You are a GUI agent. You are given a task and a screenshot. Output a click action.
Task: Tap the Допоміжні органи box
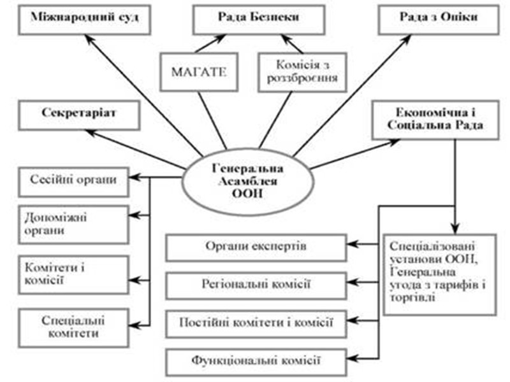pos(73,224)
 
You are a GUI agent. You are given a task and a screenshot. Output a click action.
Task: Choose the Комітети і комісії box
pos(73,272)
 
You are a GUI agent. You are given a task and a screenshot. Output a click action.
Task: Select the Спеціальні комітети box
pos(73,323)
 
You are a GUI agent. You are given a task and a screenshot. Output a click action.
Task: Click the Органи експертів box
pos(257,247)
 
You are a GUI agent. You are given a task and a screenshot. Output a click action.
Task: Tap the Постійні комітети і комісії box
pos(257,322)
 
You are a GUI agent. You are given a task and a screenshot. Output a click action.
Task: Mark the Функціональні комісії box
pos(257,360)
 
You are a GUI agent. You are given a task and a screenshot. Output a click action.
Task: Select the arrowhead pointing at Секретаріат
pos(91,131)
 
